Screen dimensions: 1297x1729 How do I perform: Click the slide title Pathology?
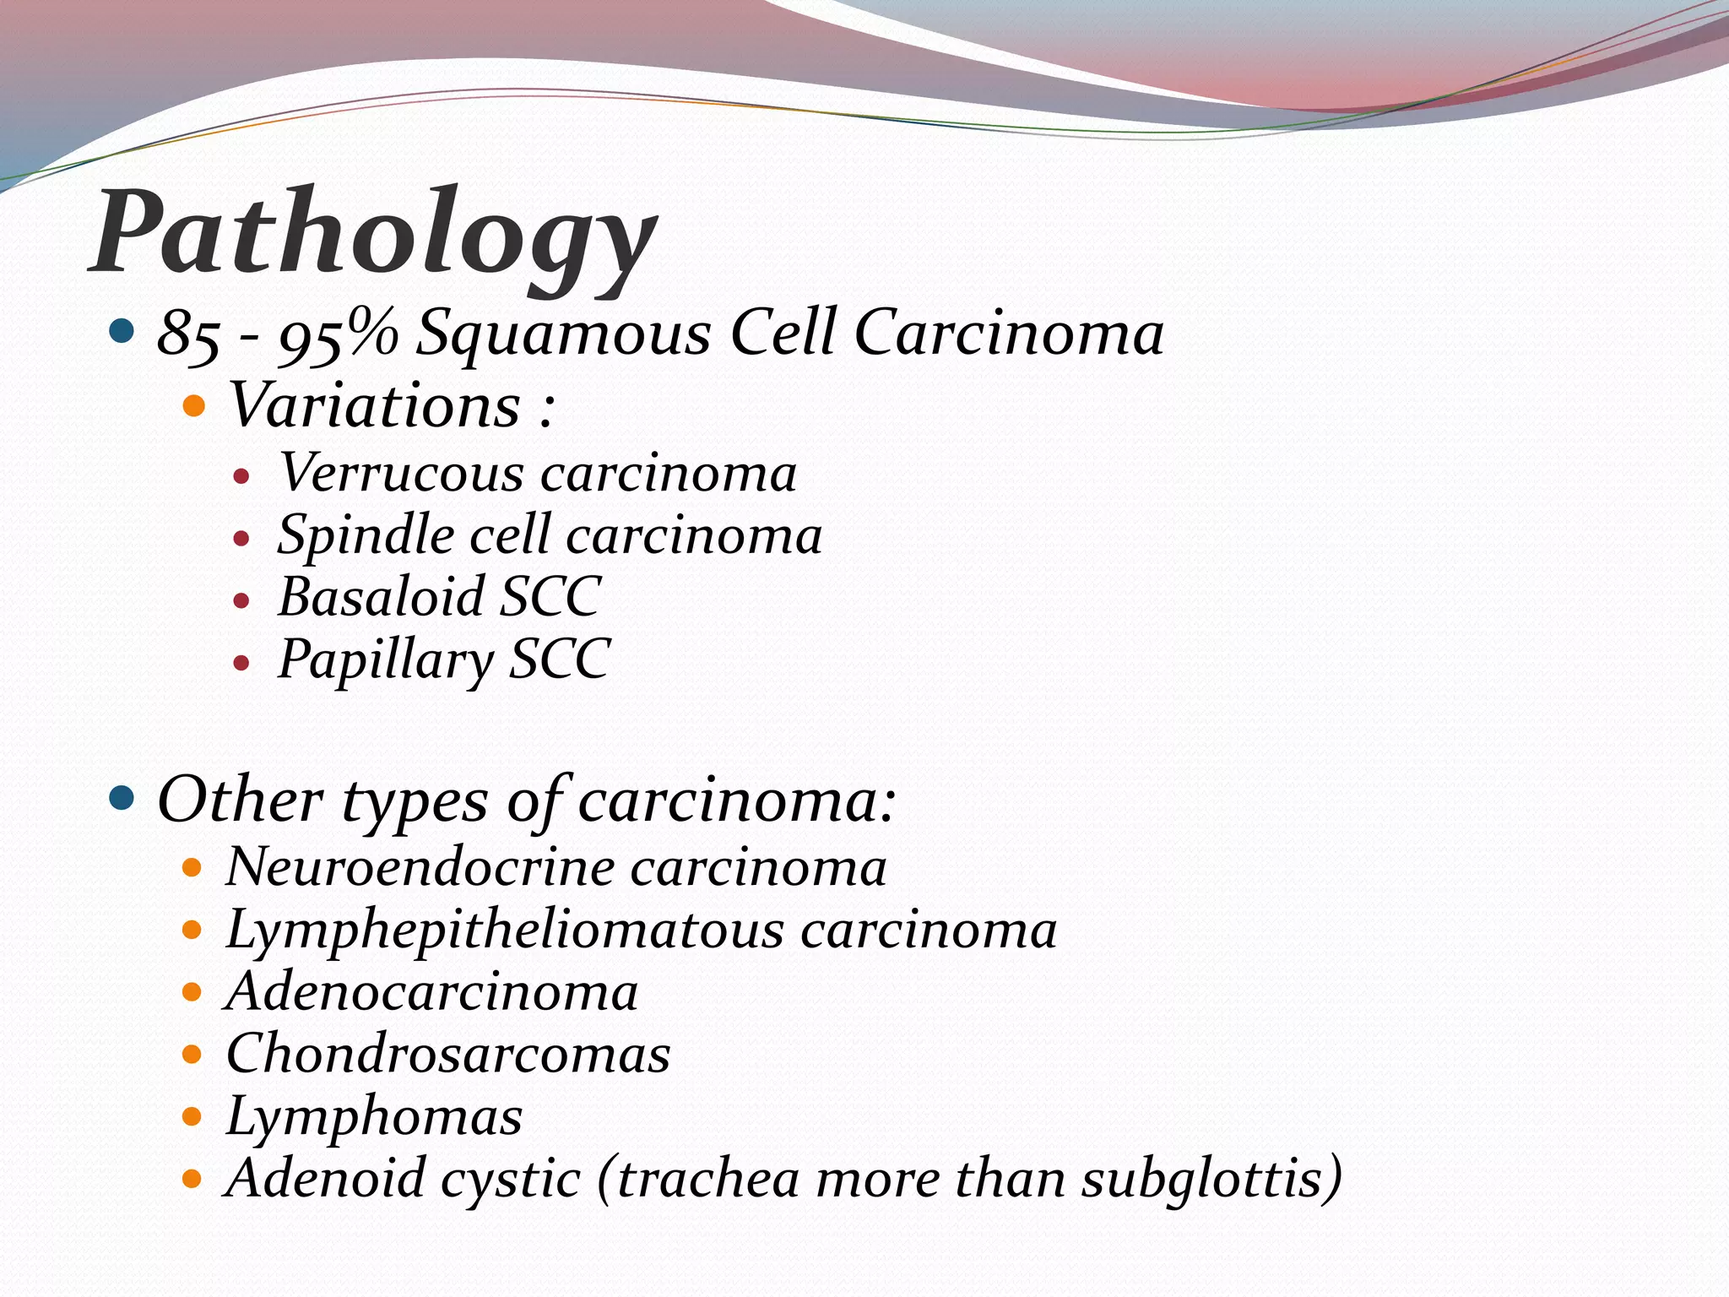click(375, 233)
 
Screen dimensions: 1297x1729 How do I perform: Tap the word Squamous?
click(564, 333)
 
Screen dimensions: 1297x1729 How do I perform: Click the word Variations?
click(374, 405)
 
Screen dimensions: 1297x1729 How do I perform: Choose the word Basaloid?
click(381, 597)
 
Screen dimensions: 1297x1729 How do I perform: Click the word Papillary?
click(386, 659)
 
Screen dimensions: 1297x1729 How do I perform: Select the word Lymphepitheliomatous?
click(505, 930)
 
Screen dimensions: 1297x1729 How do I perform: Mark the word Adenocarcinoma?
click(432, 992)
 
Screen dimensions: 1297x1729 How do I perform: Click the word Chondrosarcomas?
click(448, 1055)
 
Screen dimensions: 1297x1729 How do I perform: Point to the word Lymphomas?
click(374, 1117)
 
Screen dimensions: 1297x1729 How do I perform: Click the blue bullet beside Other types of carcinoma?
click(122, 797)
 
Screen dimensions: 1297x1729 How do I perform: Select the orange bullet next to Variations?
click(194, 406)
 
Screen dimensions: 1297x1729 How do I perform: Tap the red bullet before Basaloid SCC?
click(242, 600)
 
